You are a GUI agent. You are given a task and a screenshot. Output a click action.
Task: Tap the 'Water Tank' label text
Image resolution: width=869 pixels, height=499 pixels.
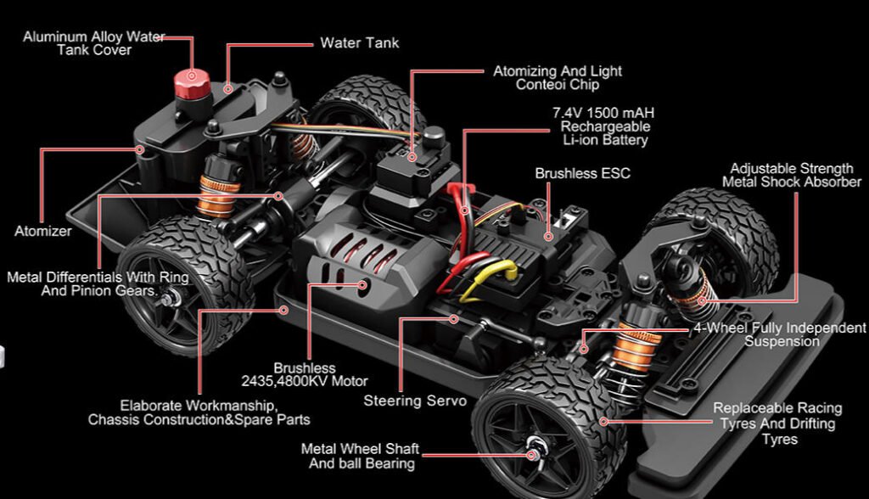click(x=359, y=43)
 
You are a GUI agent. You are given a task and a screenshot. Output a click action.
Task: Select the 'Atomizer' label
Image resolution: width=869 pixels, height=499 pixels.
click(x=43, y=231)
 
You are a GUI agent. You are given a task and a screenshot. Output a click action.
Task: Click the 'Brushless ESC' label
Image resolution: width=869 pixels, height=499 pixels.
click(x=582, y=174)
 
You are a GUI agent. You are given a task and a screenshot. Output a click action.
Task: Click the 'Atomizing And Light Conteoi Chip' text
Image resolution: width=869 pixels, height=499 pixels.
click(x=558, y=78)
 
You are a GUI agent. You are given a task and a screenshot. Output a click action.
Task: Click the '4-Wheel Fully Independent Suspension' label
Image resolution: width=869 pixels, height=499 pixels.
click(x=779, y=334)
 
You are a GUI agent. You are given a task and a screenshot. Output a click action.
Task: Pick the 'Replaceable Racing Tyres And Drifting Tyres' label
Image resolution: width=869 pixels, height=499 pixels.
click(x=778, y=423)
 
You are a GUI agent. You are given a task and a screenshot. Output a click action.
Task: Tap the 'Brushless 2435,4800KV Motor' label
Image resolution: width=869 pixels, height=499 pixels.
click(x=305, y=375)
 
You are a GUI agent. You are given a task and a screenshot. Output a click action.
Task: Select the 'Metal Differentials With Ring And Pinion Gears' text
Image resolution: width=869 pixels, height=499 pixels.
click(x=98, y=283)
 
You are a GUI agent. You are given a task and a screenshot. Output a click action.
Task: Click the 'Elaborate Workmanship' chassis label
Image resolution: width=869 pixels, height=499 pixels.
click(x=199, y=412)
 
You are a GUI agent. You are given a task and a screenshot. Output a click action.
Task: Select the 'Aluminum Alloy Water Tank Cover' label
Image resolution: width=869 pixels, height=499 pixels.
click(x=93, y=43)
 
